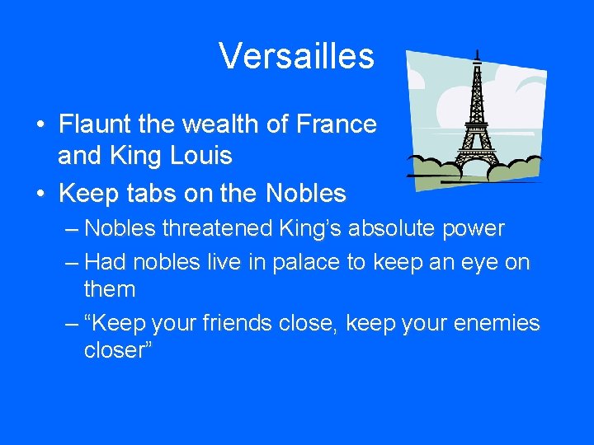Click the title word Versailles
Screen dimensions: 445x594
pyautogui.click(x=296, y=56)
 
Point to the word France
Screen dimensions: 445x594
pyautogui.click(x=336, y=124)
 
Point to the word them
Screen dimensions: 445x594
pyautogui.click(x=110, y=289)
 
